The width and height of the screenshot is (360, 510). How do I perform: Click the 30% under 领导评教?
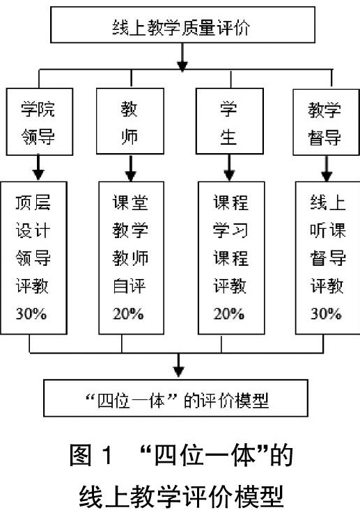pos(31,314)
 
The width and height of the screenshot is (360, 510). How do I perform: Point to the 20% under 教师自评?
pos(128,314)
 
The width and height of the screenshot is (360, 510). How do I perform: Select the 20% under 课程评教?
pos(229,314)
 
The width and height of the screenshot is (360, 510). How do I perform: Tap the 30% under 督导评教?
pos(326,314)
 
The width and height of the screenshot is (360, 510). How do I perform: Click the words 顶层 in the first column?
pos(33,202)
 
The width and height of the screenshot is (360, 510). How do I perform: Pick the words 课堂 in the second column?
pos(130,202)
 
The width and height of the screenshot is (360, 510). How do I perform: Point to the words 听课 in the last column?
pos(328,230)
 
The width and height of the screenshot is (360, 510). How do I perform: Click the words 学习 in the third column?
pos(230,230)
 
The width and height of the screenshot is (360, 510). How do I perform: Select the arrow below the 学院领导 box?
pos(38,168)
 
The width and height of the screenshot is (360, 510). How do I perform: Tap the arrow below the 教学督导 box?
pos(327,168)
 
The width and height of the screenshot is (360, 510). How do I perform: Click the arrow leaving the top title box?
pos(182,57)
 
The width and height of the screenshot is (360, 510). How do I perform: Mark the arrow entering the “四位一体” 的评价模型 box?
pos(178,365)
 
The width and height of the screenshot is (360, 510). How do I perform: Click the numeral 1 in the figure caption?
pos(107,455)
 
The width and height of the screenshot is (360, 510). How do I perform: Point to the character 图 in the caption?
pos(80,455)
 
